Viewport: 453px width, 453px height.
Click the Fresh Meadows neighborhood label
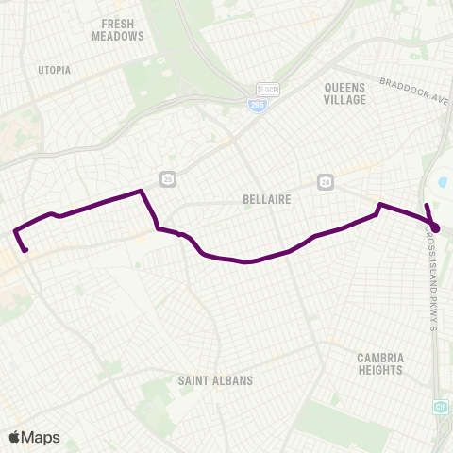click(x=118, y=28)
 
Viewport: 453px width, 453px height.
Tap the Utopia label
click(x=53, y=70)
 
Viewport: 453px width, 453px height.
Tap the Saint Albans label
click(x=215, y=380)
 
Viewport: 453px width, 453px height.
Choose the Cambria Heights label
click(x=380, y=363)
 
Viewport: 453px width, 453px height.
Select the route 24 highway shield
click(x=326, y=181)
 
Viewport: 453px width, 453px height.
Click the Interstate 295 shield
click(x=256, y=107)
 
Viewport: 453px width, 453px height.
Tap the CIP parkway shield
click(x=441, y=405)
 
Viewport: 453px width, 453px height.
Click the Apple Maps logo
click(x=33, y=436)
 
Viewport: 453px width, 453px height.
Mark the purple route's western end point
click(x=25, y=249)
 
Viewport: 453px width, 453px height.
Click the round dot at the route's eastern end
click(x=435, y=227)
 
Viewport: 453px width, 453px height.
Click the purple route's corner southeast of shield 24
click(x=379, y=204)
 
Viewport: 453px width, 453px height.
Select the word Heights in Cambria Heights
click(x=380, y=370)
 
